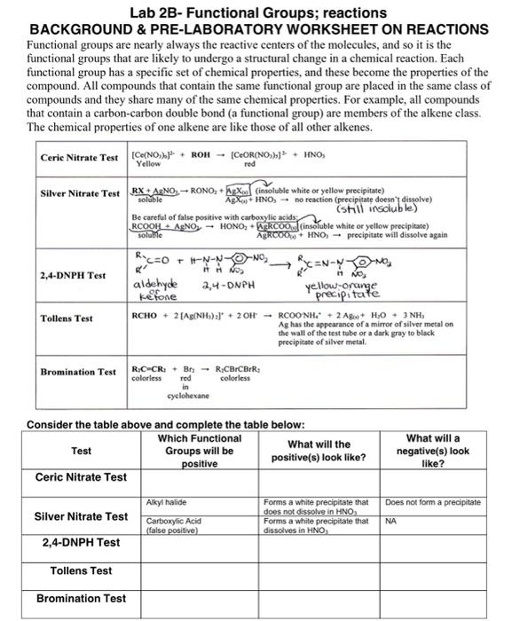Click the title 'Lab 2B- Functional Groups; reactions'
pos(257,12)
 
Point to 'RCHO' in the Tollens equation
pos(144,315)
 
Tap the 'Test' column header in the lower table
pos(81,451)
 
